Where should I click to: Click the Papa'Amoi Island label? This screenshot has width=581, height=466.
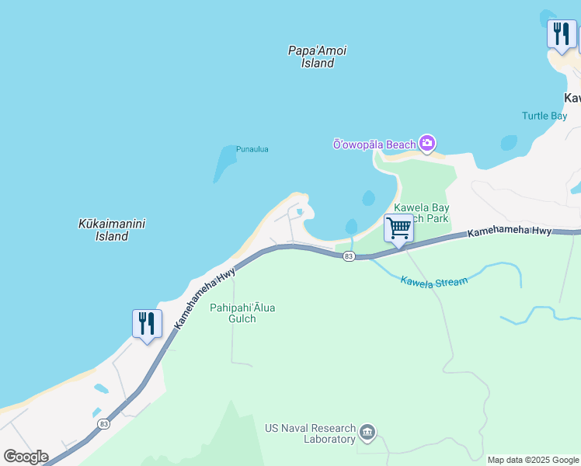point(317,57)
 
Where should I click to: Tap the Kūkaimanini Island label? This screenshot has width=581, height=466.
point(112,230)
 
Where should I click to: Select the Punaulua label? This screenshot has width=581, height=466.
point(252,149)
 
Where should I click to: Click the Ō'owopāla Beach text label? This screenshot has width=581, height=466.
point(374,144)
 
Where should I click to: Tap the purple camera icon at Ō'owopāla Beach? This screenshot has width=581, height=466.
point(426,144)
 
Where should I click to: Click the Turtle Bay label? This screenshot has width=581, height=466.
point(544,116)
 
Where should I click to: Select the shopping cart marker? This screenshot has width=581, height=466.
point(398,229)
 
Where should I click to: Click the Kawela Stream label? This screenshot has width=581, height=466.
point(434,280)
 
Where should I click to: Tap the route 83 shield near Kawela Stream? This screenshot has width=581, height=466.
point(349,256)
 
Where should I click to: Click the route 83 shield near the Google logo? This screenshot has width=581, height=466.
point(104,424)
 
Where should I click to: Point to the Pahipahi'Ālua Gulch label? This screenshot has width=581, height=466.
point(242,314)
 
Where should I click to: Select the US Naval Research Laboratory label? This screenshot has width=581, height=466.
point(310,433)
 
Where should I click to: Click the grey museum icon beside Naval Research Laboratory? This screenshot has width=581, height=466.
point(367,432)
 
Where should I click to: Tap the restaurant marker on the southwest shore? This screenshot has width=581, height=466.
point(147,323)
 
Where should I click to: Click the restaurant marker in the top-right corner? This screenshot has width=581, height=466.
point(562,34)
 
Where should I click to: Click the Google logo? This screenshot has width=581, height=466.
point(26,457)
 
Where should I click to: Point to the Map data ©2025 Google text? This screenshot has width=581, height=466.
point(532,460)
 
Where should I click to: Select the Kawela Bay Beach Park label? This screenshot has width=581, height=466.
point(422,214)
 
